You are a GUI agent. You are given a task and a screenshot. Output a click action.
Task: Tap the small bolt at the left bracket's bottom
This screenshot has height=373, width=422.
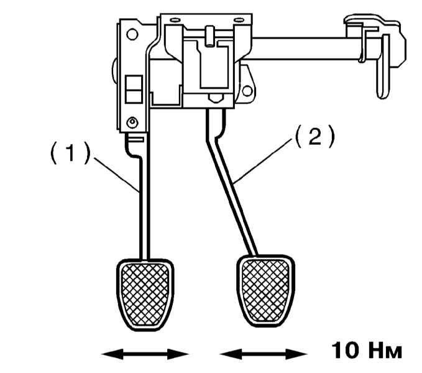tap(131, 121)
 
